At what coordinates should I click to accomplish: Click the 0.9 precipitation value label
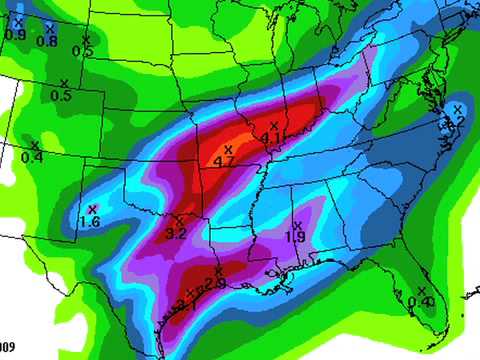click(x=16, y=35)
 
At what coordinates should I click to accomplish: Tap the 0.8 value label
click(x=47, y=41)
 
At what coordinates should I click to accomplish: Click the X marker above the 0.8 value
click(x=50, y=29)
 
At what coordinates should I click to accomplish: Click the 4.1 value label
click(x=271, y=137)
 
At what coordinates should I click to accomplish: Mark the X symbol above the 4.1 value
click(x=273, y=125)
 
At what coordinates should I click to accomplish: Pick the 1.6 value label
click(x=89, y=221)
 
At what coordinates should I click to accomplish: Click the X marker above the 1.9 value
click(x=297, y=225)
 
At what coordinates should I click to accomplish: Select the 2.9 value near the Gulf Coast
click(x=215, y=282)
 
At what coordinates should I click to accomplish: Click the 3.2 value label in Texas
click(x=176, y=233)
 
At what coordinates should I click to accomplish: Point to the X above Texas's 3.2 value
click(x=179, y=220)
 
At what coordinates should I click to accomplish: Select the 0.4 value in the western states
click(x=32, y=157)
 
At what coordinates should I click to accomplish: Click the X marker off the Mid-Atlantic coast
click(x=458, y=108)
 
